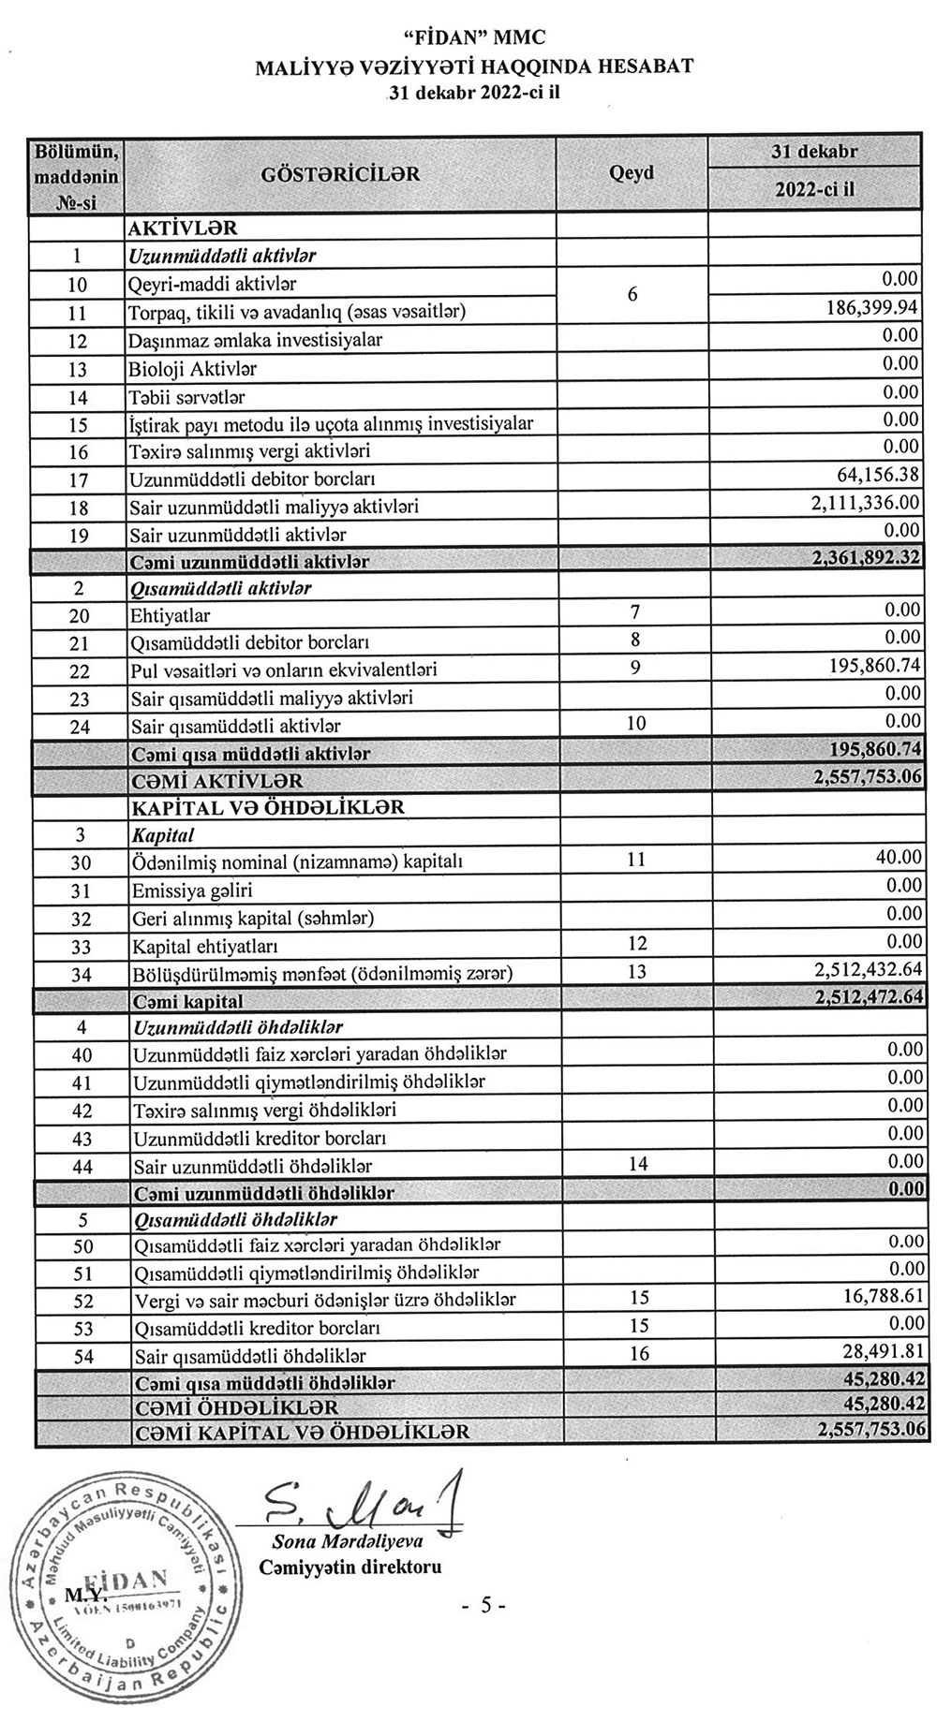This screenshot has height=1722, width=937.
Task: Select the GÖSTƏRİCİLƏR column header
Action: (340, 174)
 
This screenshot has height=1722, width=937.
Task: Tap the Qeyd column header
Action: (632, 173)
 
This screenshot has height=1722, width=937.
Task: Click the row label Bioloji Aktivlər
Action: (193, 368)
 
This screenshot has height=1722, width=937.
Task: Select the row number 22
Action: (79, 671)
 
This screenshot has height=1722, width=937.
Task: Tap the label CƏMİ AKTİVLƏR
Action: (217, 781)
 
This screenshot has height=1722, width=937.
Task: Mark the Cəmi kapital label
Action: (187, 1001)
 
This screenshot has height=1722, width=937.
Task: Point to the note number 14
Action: (637, 1164)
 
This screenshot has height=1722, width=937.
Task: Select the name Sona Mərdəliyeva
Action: (348, 1541)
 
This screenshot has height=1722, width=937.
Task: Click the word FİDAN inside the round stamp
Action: (129, 1578)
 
